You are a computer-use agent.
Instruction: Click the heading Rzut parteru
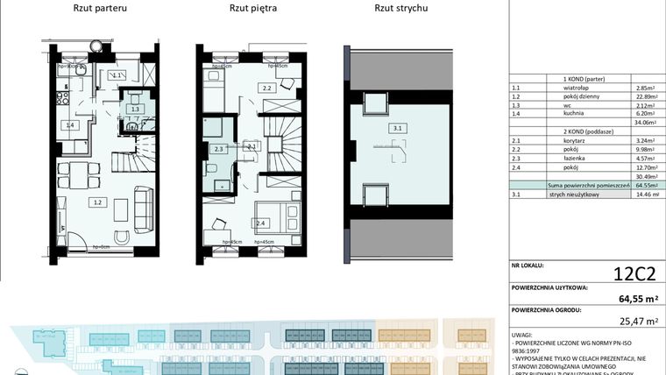[x=97, y=9]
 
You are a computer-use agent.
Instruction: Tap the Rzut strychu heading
[x=400, y=9]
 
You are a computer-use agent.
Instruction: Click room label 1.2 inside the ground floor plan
[x=98, y=202]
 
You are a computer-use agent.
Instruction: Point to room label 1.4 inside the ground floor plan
[x=69, y=126]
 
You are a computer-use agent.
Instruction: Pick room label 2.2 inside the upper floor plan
[x=268, y=88]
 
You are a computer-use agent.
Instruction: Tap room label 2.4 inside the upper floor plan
[x=261, y=223]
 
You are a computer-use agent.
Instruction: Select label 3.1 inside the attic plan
[x=397, y=128]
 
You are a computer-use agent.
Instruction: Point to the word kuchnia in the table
[x=576, y=113]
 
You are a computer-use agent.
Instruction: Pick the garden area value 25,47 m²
[x=637, y=322]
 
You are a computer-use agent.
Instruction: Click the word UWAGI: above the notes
[x=524, y=336]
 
